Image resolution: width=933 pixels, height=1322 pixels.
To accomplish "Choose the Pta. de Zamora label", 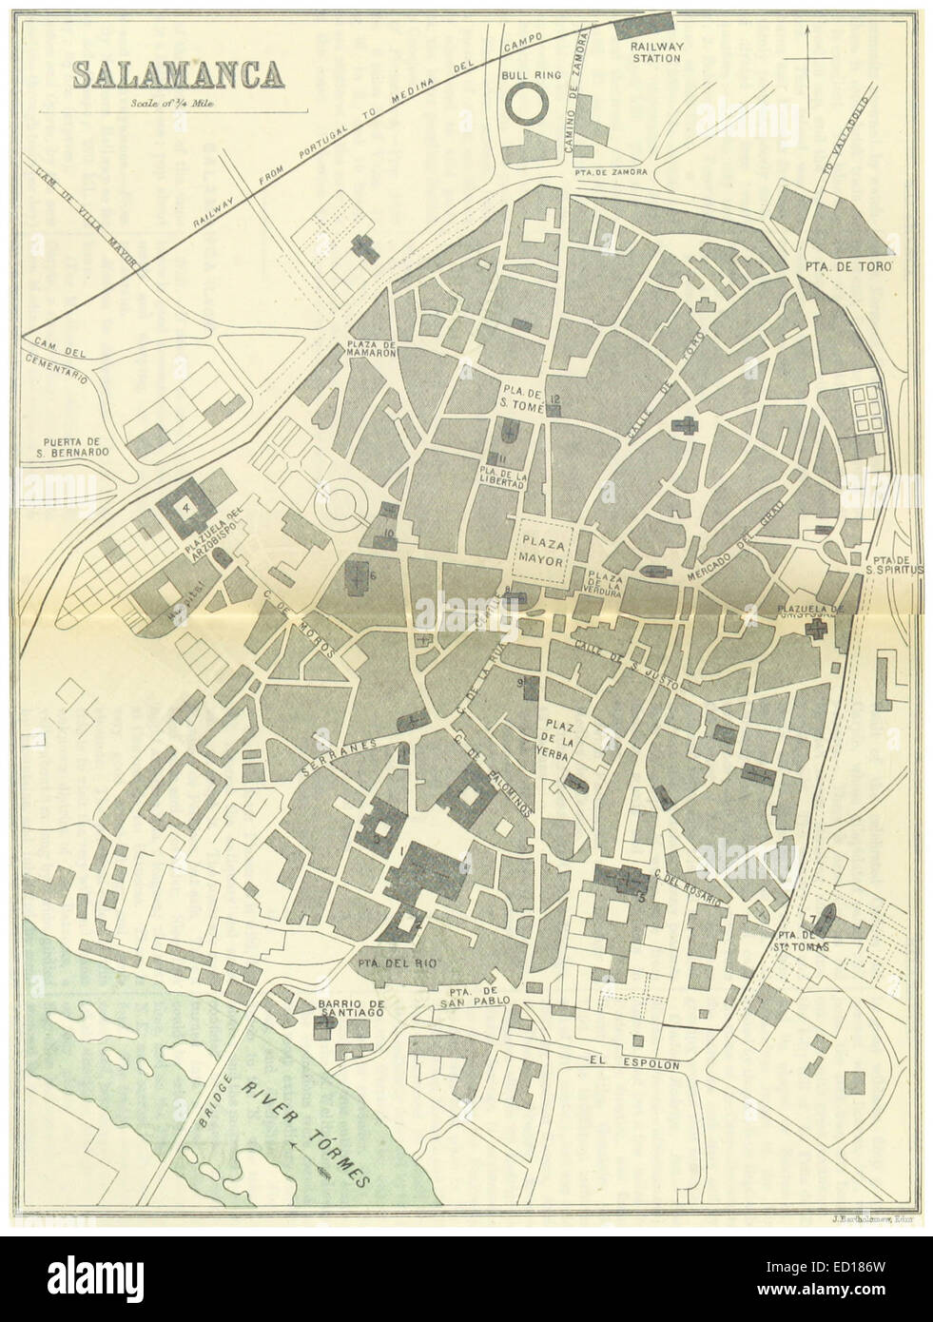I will pyautogui.click(x=611, y=171).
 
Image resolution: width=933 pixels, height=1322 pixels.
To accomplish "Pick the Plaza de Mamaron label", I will pyautogui.click(x=371, y=348).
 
